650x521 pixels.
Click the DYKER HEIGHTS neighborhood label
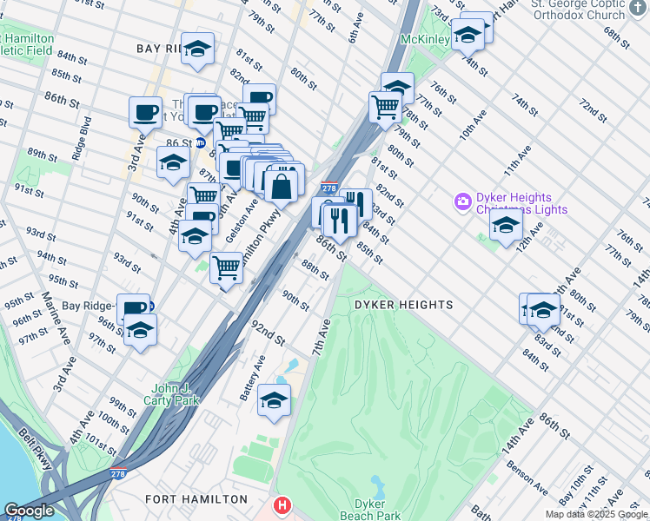[403, 305]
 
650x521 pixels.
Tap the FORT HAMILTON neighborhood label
[196, 499]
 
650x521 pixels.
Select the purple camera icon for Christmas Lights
[463, 202]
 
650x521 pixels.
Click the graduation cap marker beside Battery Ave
[274, 400]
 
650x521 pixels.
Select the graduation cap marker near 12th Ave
[506, 226]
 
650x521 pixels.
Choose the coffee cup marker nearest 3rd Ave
[145, 112]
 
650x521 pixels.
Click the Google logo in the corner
[29, 511]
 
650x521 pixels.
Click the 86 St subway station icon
[200, 142]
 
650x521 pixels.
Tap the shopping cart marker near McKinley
[385, 107]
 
